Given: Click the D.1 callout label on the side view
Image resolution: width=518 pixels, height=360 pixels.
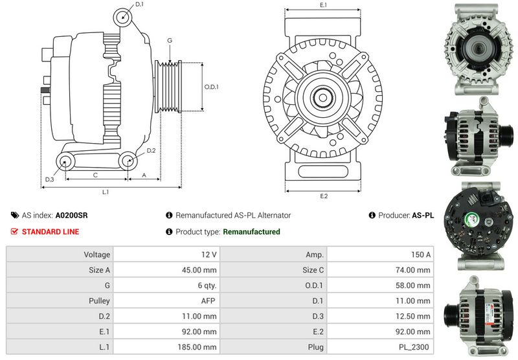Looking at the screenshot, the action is (x=139, y=5).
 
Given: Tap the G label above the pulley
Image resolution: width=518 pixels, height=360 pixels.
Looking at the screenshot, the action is (x=170, y=41).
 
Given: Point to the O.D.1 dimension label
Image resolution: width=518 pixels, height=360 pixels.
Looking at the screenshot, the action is (x=212, y=87).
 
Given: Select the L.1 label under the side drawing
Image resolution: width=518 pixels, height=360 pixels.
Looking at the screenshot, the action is (x=106, y=192).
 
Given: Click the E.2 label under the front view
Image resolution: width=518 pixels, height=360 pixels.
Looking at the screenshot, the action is (x=324, y=196).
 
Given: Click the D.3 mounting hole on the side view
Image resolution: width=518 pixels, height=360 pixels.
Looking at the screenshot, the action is (x=65, y=162).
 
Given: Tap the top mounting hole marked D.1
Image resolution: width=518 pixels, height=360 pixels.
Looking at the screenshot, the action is (x=122, y=17).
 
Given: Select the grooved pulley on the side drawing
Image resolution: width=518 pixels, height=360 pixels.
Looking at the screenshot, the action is (x=168, y=87).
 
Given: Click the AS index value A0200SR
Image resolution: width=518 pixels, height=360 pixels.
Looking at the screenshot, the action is (x=72, y=216).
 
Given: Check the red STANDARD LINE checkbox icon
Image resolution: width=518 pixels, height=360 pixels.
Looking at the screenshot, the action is (x=14, y=232).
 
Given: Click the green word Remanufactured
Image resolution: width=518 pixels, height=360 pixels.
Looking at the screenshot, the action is (x=251, y=232).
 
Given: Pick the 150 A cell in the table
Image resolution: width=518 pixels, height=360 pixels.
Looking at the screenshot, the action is (x=380, y=254).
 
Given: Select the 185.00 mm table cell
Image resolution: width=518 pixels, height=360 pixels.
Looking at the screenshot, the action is (x=166, y=347).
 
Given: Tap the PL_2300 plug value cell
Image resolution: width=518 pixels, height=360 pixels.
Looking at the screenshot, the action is (x=380, y=347).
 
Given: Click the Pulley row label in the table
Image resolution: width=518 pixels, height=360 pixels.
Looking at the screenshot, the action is (x=99, y=301).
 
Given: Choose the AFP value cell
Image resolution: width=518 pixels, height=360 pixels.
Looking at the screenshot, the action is (x=166, y=301).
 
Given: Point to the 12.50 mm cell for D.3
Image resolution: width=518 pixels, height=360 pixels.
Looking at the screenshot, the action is (x=380, y=317).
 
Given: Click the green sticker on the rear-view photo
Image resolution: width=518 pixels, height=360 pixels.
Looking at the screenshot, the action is (x=471, y=219).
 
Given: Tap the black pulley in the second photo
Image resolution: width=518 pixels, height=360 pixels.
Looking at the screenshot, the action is (x=506, y=135).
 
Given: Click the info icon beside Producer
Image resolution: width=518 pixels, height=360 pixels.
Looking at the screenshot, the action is (x=372, y=216).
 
